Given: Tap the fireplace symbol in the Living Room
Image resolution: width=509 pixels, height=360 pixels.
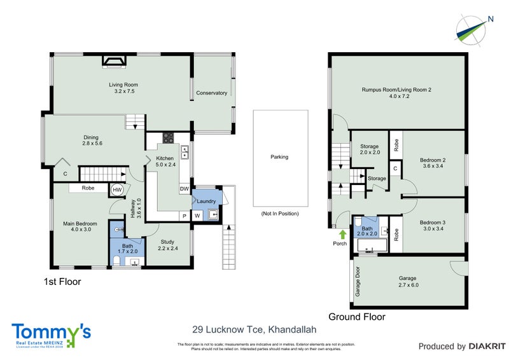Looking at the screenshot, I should tap(115, 60).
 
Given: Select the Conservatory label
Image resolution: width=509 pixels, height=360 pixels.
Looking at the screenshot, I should tap(211, 93).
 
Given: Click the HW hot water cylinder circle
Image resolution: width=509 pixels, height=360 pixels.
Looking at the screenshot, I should tap(117, 189).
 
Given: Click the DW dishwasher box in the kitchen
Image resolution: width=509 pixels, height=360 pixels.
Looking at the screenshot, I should tap(184, 189).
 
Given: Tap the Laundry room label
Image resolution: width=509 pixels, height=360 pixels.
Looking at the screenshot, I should tap(207, 202).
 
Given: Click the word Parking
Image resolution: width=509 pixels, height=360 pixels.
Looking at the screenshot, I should tap(279, 156).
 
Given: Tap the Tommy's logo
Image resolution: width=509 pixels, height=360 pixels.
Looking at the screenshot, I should tap(51, 334).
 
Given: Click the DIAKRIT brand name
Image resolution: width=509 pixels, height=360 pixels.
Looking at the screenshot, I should tap(487, 347).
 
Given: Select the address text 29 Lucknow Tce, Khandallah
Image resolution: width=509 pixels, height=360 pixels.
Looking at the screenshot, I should tap(254, 329).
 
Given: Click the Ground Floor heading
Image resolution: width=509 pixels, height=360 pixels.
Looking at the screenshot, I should tap(356, 316).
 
